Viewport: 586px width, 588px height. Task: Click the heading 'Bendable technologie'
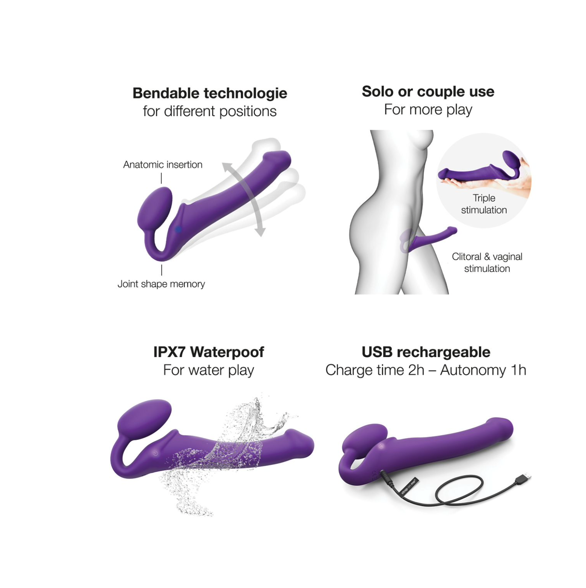coord(210,93)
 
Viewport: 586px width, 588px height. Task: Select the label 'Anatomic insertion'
coord(163,165)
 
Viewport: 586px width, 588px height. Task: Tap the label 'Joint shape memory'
coord(161,284)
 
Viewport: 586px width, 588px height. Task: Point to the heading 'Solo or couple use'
coord(428,91)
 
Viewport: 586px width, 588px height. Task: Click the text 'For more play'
coord(428,110)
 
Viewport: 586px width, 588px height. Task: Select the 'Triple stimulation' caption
coord(484,204)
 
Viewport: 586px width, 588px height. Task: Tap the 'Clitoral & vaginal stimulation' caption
coord(487,262)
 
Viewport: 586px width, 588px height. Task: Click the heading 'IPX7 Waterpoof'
coord(208,352)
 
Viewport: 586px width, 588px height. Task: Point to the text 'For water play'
coord(208,370)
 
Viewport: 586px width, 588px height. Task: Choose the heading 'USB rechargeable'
coord(426,352)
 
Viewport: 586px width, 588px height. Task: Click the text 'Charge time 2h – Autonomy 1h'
coord(426,370)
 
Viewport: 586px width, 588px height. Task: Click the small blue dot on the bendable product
coord(178,229)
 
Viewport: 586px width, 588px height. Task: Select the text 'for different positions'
coord(210,111)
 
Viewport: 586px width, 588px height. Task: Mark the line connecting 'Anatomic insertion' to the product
coord(162,178)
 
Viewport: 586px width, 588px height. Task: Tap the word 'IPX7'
coord(170,352)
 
